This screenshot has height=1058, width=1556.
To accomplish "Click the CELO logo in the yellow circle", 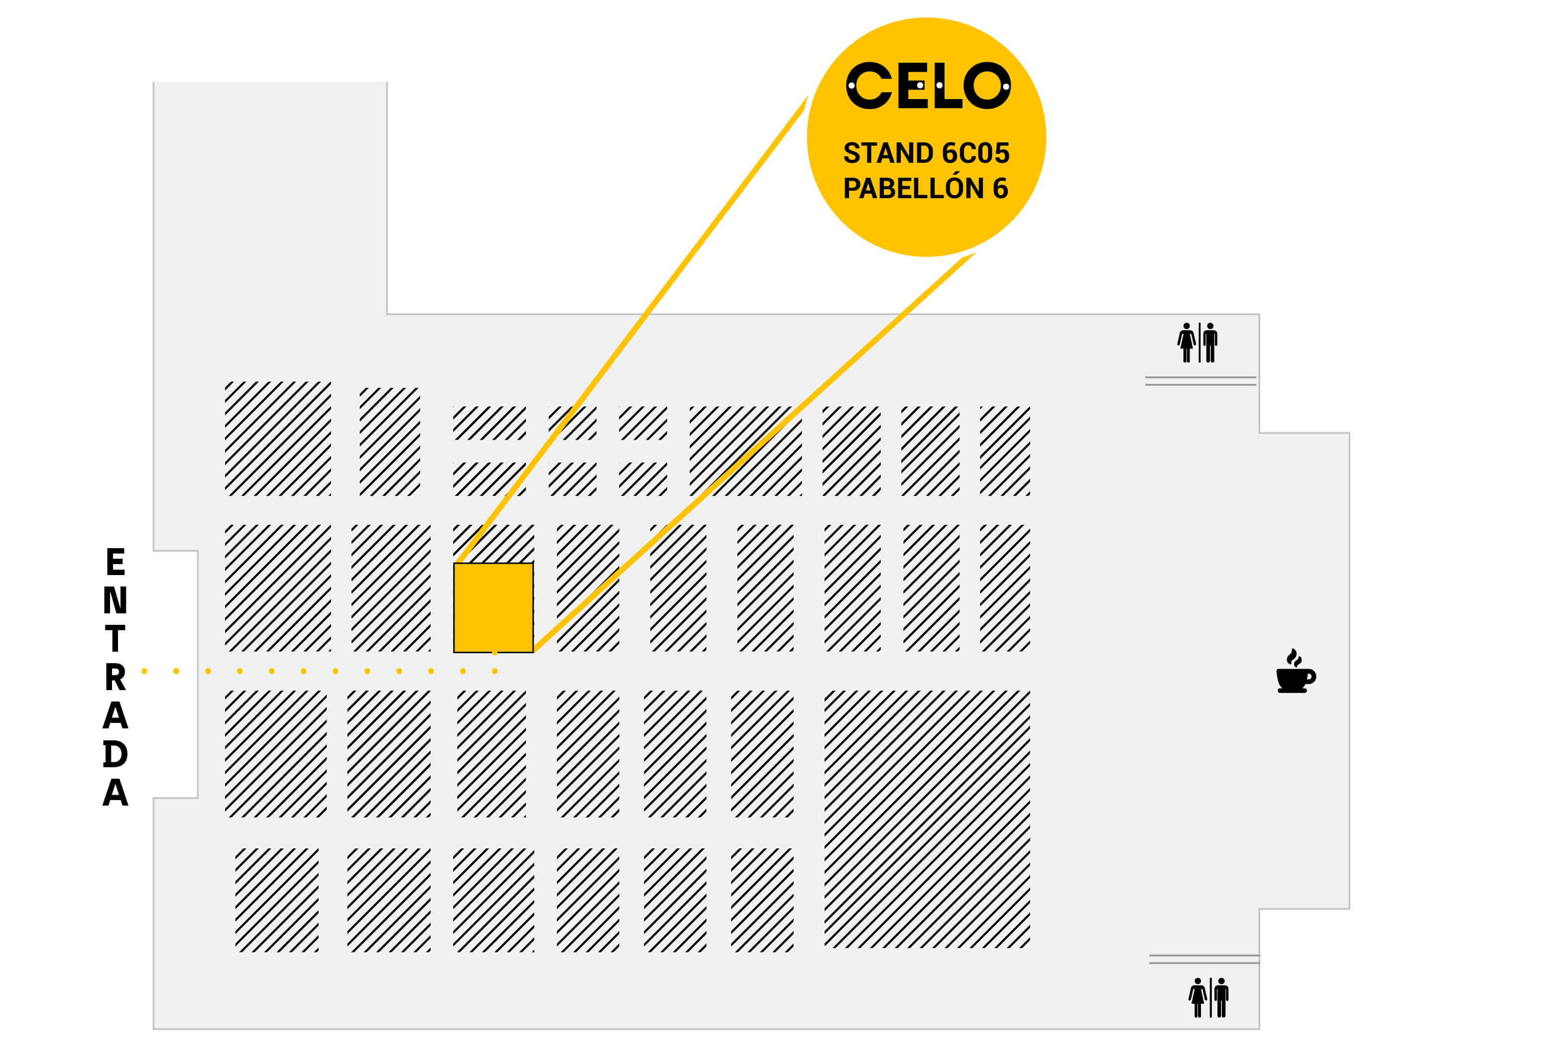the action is pos(928,85).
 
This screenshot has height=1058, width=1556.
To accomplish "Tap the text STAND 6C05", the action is pos(926,153).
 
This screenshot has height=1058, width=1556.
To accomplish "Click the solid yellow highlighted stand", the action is pos(493,607).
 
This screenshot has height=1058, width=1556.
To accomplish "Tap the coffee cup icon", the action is pos(1296,671).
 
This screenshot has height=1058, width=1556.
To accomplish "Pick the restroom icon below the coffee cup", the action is pos(1208,997).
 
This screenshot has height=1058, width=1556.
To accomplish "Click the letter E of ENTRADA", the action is pos(115,561).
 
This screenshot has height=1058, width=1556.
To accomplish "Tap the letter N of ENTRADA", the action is pos(115,600).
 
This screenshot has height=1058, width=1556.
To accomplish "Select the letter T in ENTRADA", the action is pos(115,638).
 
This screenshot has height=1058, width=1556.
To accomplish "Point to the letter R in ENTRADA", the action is pos(115,677).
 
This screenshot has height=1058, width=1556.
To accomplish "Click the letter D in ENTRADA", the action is pos(115,754).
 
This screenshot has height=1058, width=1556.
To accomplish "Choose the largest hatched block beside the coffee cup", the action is pos(927,819).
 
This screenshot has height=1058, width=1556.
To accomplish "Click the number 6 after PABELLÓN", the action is pos(1000,188).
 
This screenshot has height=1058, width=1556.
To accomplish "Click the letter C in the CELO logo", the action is pos(869,86).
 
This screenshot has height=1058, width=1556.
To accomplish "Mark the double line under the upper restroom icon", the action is pos(1200,381).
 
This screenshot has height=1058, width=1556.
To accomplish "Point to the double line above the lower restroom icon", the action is pos(1204,959).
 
